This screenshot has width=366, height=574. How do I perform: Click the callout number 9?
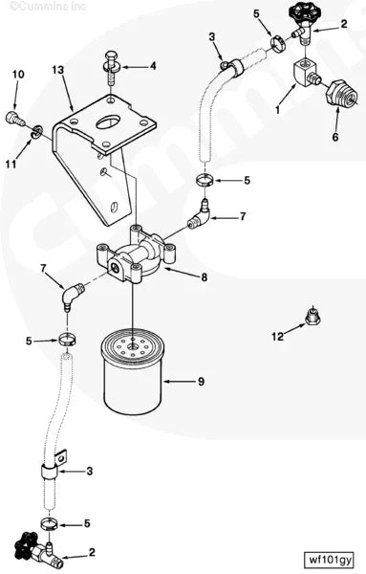coord(201,382)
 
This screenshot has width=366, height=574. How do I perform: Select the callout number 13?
coord(57,72)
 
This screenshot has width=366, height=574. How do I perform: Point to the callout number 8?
coord(202,277)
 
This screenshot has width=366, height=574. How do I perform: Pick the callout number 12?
coord(277,337)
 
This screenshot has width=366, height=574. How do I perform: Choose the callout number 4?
coord(152,66)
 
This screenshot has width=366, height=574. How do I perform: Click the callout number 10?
coord(18,74)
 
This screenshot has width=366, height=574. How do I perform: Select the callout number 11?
coord(11,164)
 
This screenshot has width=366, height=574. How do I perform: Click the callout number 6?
coord(334,137)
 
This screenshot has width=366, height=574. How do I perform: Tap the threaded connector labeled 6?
coord(336,98)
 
